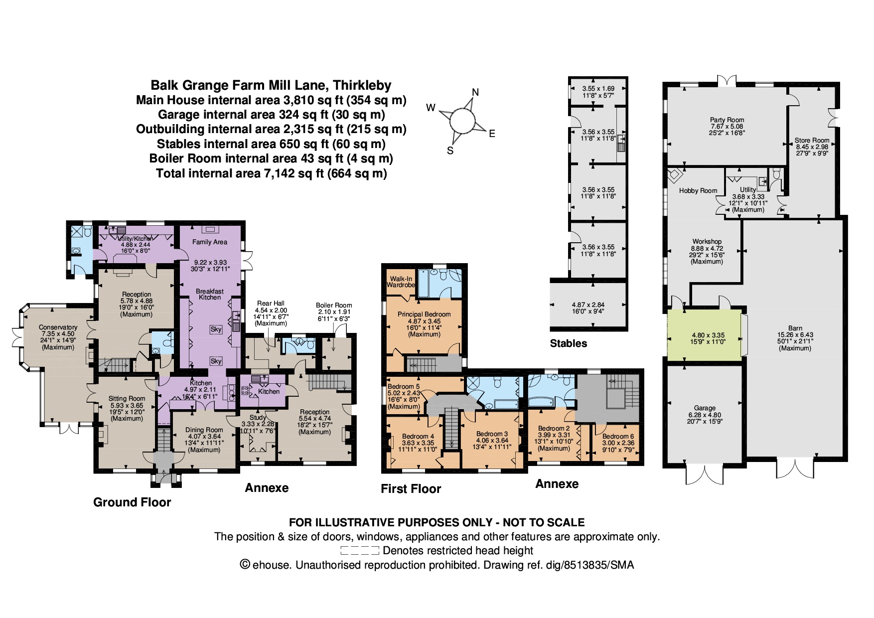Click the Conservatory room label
(x=58, y=327)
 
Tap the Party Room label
(x=727, y=120)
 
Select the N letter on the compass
(x=475, y=92)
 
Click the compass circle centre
(x=461, y=121)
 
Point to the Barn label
(x=795, y=328)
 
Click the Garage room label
(x=705, y=408)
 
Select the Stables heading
(x=568, y=343)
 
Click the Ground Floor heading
(x=132, y=502)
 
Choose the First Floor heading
(x=411, y=489)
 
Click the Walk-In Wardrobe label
(x=401, y=282)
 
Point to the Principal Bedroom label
(x=424, y=314)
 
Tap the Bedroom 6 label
(x=618, y=436)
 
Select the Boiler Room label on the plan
(x=334, y=305)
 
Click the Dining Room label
(x=204, y=430)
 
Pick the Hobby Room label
(x=698, y=190)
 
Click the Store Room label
(x=812, y=141)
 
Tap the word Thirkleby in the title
(x=362, y=85)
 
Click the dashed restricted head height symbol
(x=360, y=551)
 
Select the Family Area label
(x=210, y=242)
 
